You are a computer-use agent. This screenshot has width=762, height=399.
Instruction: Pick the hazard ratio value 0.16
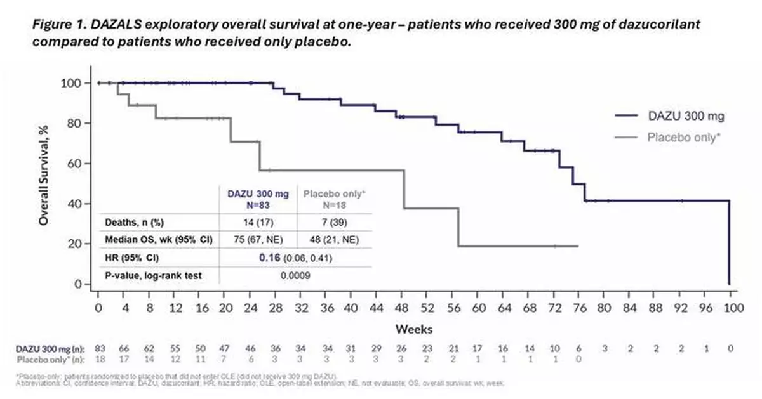click(x=271, y=258)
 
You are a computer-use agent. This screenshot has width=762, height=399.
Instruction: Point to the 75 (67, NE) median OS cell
click(x=257, y=240)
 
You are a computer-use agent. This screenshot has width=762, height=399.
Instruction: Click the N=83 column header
click(x=257, y=204)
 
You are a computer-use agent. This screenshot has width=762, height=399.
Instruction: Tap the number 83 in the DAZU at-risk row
click(x=99, y=349)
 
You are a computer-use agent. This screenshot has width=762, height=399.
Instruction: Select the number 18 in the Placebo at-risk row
click(x=99, y=359)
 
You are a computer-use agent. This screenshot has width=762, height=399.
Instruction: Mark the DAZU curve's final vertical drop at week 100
click(x=730, y=244)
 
